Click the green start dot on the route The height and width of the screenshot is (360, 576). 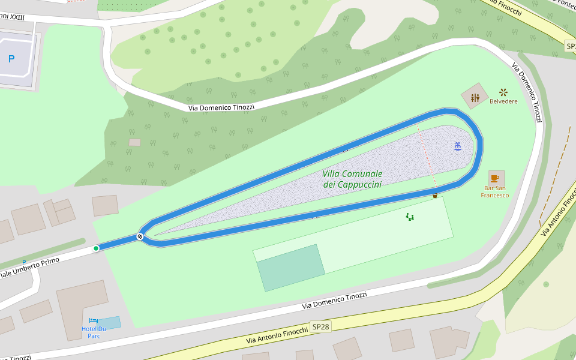[96, 248]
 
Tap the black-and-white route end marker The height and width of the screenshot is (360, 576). [140, 236]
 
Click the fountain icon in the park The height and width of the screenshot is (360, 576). [458, 146]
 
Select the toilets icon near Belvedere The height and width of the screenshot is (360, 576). [475, 97]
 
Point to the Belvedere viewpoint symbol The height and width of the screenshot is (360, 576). [503, 92]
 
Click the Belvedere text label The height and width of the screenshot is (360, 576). [503, 101]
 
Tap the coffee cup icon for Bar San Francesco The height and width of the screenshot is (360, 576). [495, 178]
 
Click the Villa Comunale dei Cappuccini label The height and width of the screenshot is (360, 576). [352, 179]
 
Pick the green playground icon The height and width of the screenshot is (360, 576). [410, 217]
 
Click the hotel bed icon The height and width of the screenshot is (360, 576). [94, 321]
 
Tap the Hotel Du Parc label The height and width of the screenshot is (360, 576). [94, 332]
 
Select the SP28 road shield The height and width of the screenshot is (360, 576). [320, 327]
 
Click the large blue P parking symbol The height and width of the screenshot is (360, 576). [11, 59]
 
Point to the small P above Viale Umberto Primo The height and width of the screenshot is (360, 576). [24, 263]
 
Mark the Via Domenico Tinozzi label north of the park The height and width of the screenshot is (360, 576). [221, 107]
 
